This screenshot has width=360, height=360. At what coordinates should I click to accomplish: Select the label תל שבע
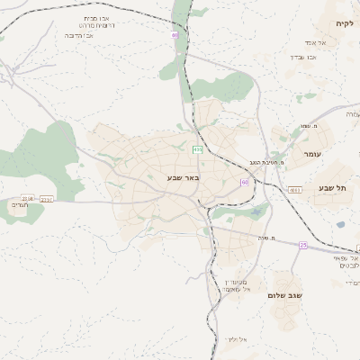coord(331,187)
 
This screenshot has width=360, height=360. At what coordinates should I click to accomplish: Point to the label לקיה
coord(345,22)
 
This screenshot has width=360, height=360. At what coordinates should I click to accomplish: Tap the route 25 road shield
coord(303,244)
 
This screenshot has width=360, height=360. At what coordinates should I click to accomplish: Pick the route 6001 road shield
coord(295,190)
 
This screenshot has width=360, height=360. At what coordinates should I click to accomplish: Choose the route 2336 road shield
coord(27,198)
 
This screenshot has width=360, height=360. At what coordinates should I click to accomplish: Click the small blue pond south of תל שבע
coord(340,225)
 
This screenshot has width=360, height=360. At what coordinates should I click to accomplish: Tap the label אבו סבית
coord(96,18)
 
